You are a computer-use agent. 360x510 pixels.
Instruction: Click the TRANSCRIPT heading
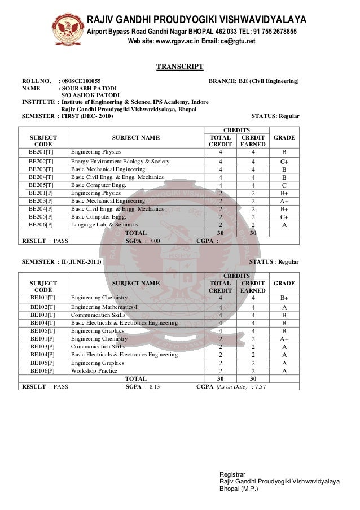coord(179,67)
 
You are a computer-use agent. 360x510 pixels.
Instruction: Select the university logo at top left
coord(69,26)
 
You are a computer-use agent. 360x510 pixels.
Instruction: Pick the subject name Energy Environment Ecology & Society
coord(120,162)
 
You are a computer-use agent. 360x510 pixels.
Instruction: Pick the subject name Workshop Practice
coord(94,370)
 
